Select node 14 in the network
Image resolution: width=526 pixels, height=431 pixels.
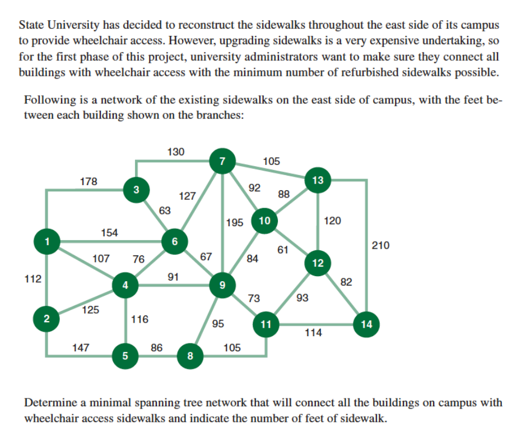click(x=366, y=324)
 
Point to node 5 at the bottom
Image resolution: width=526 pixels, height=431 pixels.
click(x=125, y=355)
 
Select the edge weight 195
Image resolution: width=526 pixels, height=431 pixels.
click(x=235, y=223)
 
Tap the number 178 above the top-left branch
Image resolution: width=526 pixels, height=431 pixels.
click(x=89, y=181)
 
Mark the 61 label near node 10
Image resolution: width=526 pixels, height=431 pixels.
click(x=283, y=250)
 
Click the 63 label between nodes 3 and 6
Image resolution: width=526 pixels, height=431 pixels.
click(x=165, y=210)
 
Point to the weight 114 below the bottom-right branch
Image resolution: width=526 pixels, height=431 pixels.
click(x=313, y=333)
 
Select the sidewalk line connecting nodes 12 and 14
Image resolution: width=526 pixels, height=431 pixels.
click(x=342, y=294)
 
